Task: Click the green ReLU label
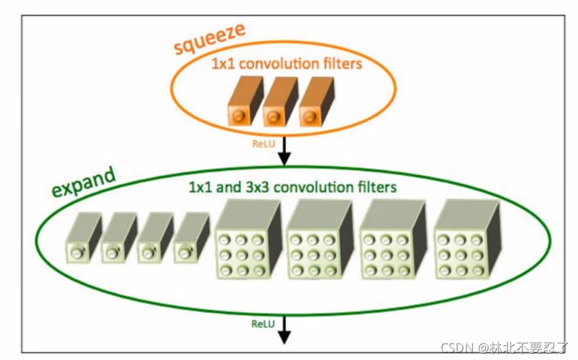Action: [x=263, y=325]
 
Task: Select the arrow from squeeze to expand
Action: [x=285, y=151]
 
